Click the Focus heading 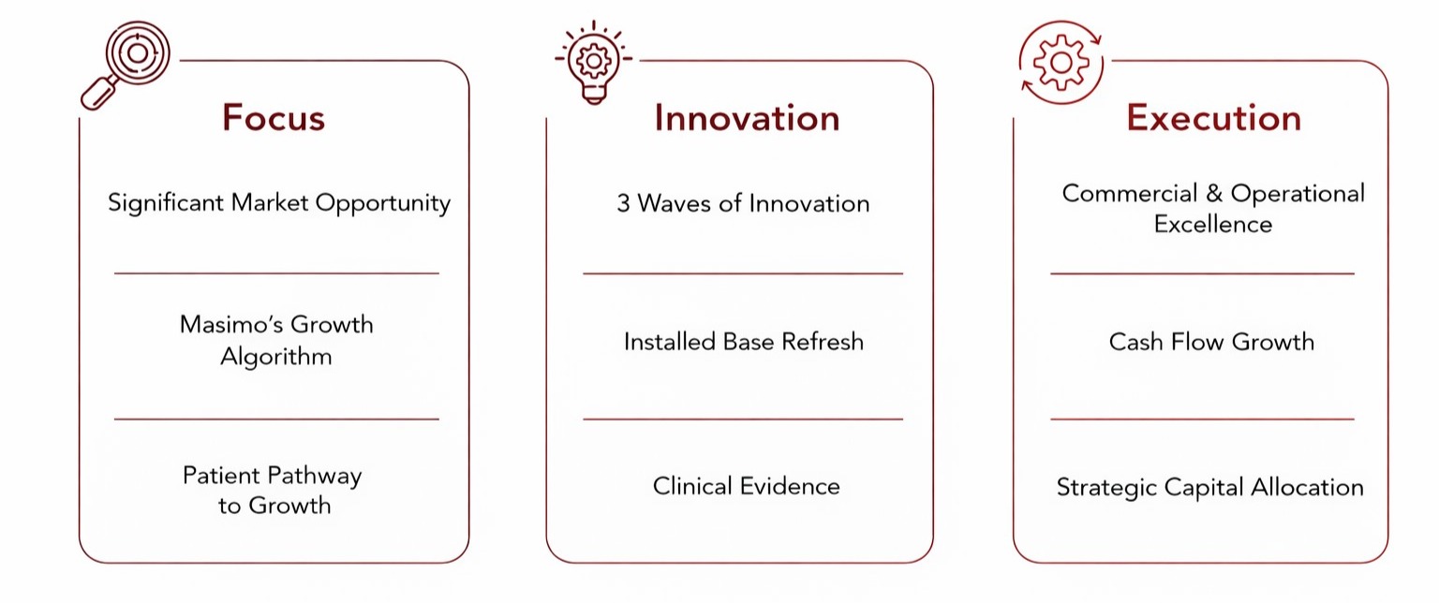(274, 118)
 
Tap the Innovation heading (747, 118)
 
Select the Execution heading (1213, 118)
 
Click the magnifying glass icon (126, 65)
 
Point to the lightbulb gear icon (594, 63)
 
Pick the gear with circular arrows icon (1061, 63)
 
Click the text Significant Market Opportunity (279, 203)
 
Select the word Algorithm (276, 357)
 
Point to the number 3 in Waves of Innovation (623, 203)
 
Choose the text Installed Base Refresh (743, 342)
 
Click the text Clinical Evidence (746, 486)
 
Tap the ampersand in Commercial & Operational (1213, 193)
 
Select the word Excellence (1213, 224)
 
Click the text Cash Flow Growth (1211, 342)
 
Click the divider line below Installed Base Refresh (743, 419)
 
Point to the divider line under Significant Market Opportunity (276, 273)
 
